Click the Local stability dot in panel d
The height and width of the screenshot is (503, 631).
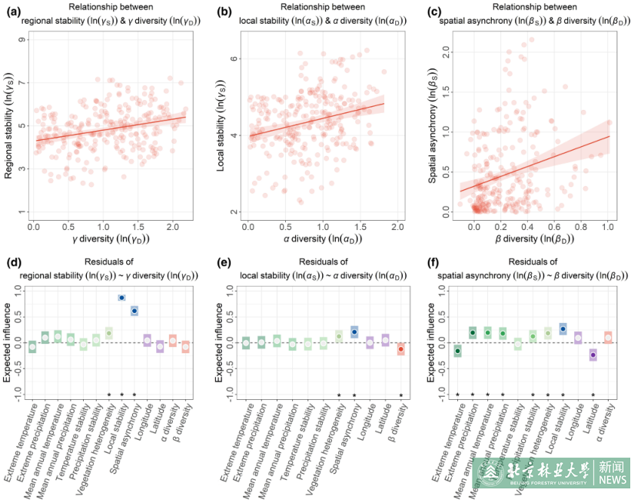(122, 298)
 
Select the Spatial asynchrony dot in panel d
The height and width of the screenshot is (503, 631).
(135, 311)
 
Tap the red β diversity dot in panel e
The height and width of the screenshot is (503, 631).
(401, 349)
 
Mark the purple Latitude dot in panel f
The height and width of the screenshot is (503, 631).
(593, 355)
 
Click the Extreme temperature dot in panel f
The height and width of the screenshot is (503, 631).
(457, 351)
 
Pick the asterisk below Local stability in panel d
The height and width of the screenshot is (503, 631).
(122, 395)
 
